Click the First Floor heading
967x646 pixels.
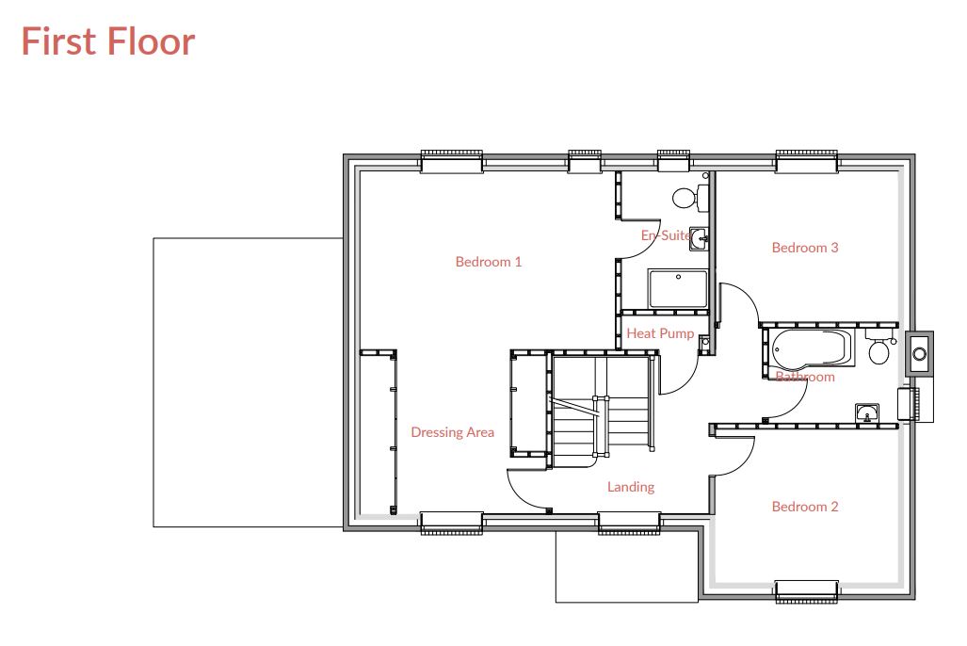[x=108, y=42]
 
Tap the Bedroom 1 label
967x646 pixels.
[x=488, y=262]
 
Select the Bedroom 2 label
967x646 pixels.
[x=805, y=507]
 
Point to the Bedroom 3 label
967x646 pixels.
[x=805, y=248]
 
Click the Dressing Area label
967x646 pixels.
[x=452, y=432]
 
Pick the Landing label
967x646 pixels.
[x=631, y=487]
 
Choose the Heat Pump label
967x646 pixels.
[x=660, y=333]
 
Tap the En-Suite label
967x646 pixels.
[x=666, y=235]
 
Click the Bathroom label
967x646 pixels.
[x=805, y=377]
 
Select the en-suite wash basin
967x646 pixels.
[x=698, y=237]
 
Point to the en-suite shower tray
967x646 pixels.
[x=677, y=289]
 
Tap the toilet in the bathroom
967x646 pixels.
[x=879, y=351]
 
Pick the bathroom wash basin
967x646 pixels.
[x=867, y=412]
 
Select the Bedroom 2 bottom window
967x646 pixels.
[x=806, y=590]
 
